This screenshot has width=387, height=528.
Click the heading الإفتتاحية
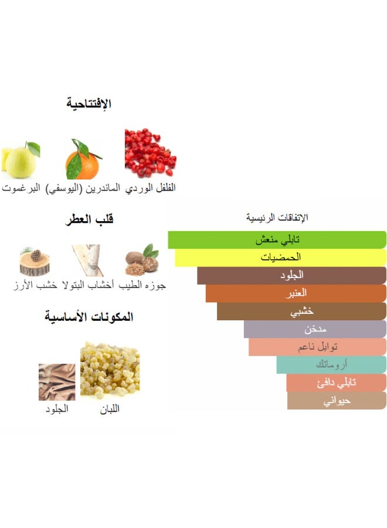click(89, 104)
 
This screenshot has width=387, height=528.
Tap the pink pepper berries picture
click(150, 154)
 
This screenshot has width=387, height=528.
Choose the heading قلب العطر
click(89, 219)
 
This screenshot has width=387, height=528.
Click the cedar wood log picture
click(35, 262)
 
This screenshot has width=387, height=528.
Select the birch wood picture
click(87, 260)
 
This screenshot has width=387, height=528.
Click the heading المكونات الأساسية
click(89, 317)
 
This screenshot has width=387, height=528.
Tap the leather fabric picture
click(56, 382)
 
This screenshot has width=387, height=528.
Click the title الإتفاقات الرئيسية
click(277, 218)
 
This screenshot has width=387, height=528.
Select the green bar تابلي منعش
click(277, 240)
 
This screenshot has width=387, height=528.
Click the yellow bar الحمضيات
click(280, 258)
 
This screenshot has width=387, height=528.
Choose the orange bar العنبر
click(296, 293)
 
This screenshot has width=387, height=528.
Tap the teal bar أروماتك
click(331, 364)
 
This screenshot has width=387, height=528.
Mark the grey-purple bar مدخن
click(315, 329)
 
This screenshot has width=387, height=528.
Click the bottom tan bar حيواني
click(337, 401)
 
